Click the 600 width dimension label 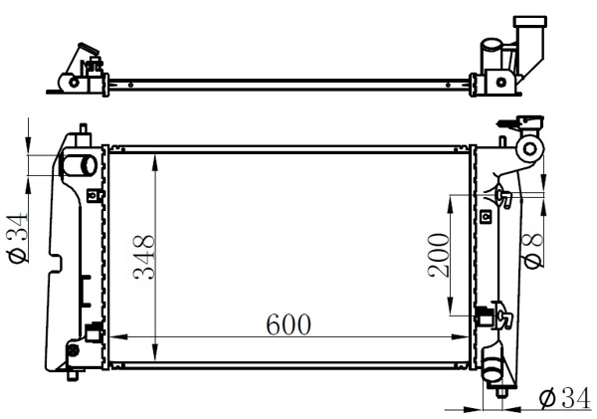tap(289, 324)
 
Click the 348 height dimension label tap(143, 258)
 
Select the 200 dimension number tap(438, 255)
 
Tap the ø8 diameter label tap(532, 252)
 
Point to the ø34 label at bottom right tap(565, 398)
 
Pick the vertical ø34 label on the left tap(18, 238)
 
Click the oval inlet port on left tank tap(80, 165)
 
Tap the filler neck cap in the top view tap(529, 22)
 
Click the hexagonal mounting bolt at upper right tap(530, 148)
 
